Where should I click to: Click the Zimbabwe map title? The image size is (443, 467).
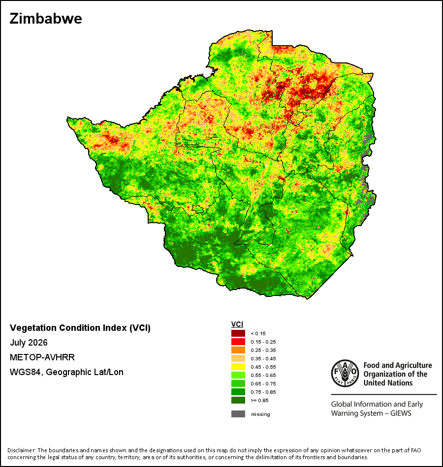46,19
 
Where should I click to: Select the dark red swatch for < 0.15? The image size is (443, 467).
238,333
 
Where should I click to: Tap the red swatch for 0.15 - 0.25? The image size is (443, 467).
238,342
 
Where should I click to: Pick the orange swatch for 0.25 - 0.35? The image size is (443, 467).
238,350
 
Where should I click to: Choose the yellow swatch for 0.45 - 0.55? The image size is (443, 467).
238,367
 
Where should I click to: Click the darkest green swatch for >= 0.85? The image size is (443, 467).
238,400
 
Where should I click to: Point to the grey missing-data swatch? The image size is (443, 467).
238,414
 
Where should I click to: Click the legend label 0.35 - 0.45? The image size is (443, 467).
263,358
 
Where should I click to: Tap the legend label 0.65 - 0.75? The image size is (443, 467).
263,383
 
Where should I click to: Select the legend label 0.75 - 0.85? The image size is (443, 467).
263,392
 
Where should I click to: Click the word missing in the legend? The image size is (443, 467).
260,414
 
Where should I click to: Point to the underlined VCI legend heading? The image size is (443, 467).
237,324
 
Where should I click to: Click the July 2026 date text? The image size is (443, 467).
29,343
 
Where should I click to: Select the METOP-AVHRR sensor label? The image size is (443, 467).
42,357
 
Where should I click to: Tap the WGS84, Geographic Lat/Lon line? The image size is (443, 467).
66,372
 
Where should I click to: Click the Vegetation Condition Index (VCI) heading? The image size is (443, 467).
80,328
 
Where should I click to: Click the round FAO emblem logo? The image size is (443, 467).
345,373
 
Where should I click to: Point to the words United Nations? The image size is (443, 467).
388,383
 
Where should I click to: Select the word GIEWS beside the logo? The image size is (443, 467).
401,413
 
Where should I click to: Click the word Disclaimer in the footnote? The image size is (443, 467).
22,450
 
